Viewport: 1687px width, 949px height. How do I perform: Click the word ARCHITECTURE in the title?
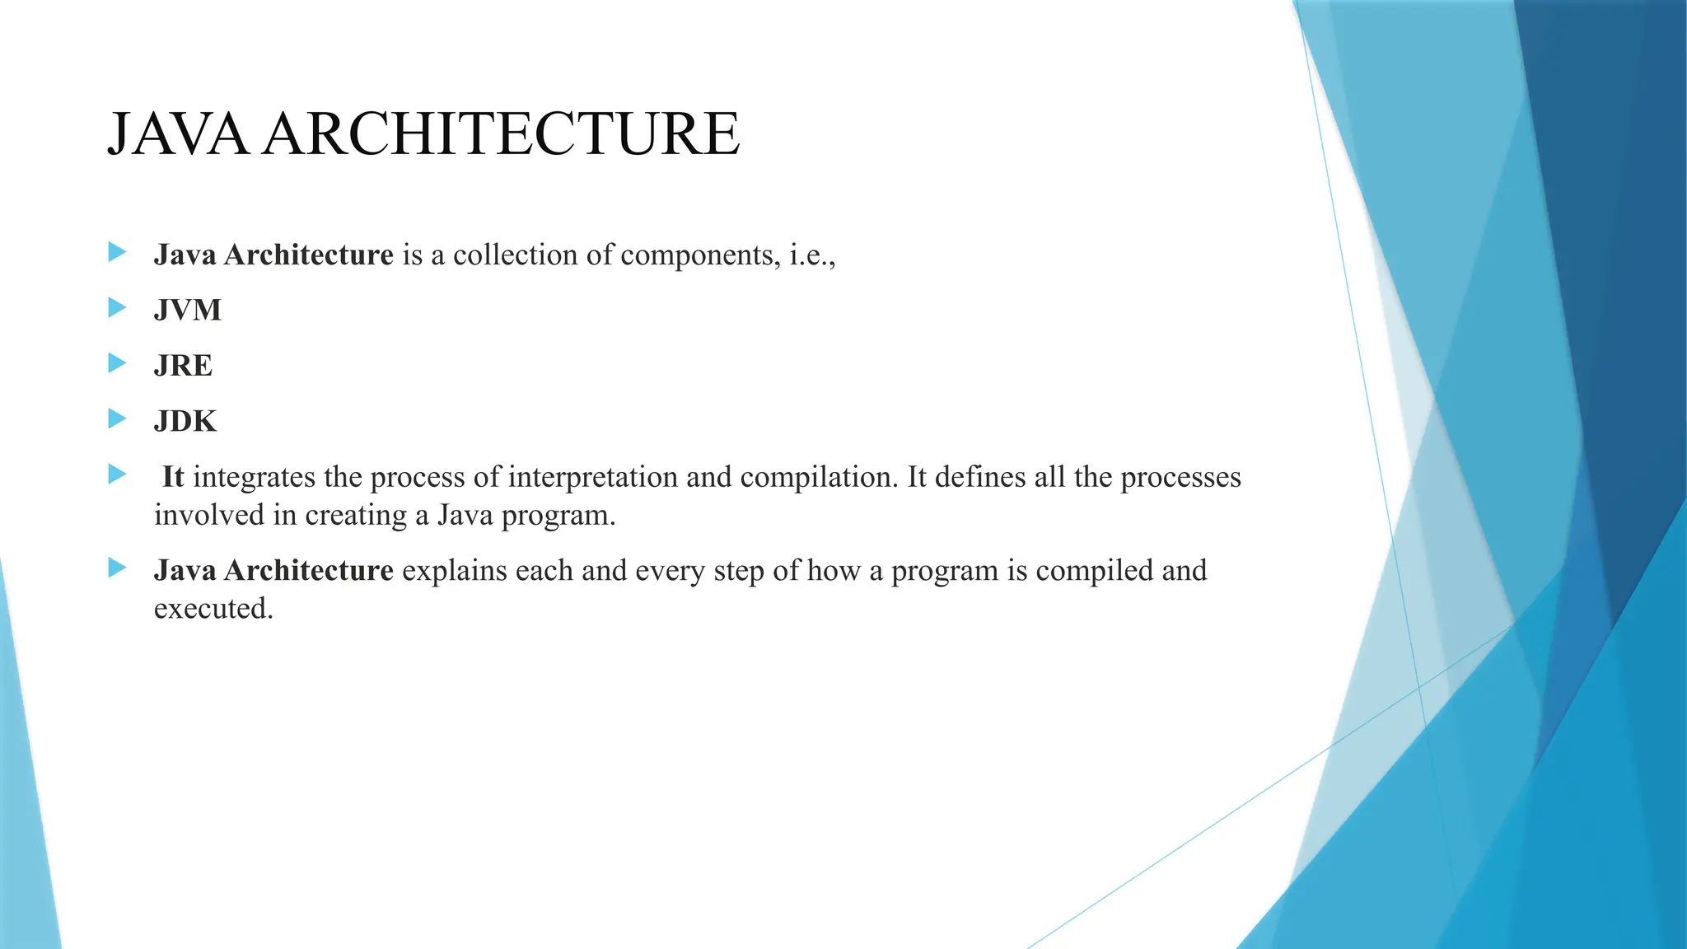pos(502,134)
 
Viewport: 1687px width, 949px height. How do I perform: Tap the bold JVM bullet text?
pos(188,311)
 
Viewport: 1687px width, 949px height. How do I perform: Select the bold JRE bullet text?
pos(183,366)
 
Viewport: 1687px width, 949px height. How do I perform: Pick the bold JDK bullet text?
pos(185,422)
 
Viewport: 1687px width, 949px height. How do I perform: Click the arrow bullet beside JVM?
pos(117,308)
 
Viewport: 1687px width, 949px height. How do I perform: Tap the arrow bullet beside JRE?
pos(117,363)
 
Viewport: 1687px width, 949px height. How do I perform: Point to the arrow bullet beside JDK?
pos(117,419)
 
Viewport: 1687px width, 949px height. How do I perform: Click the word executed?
pos(213,609)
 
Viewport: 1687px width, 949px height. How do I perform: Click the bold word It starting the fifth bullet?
pos(172,477)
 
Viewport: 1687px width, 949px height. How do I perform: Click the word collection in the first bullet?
pos(515,255)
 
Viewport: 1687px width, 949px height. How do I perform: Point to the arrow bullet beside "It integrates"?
pos(117,474)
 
